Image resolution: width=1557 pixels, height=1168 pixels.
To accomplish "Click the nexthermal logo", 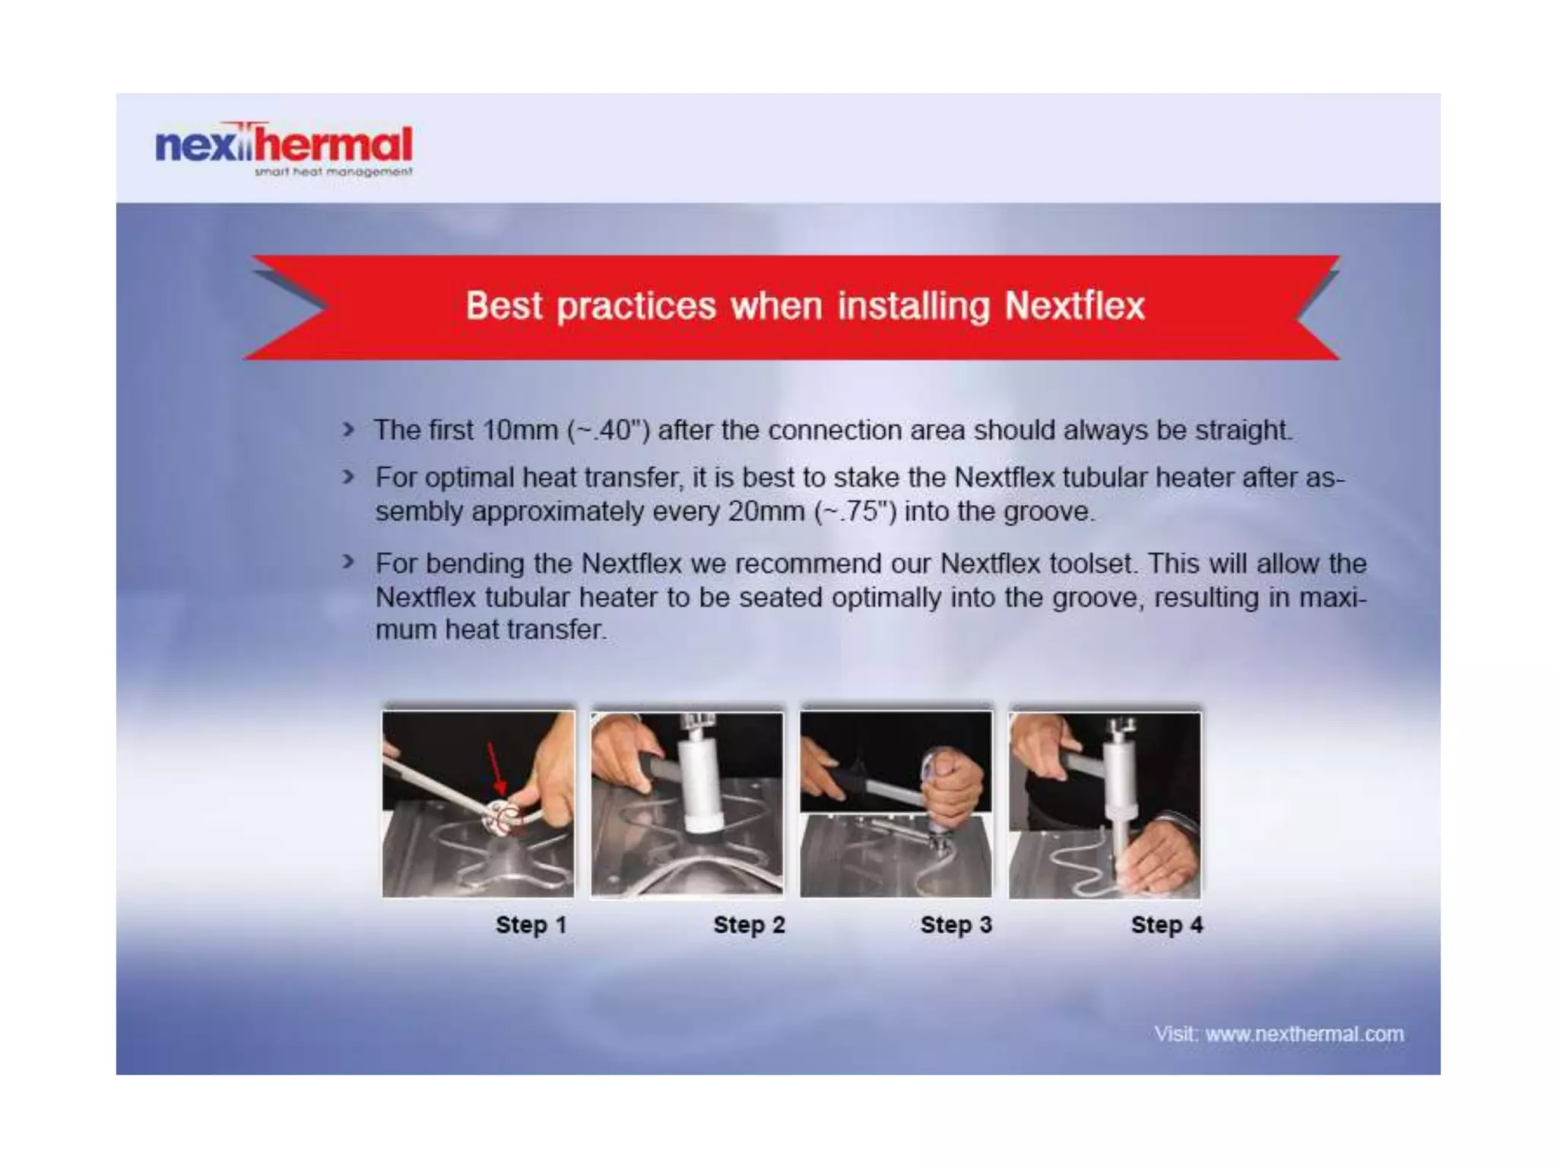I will click(x=283, y=144).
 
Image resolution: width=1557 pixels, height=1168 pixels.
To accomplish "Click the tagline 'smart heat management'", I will click(x=333, y=172).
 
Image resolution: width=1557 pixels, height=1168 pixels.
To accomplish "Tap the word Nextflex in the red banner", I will click(x=1073, y=306).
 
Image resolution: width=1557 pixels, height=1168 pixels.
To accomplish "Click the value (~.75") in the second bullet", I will click(x=855, y=511).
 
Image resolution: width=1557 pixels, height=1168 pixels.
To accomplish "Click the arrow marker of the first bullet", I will click(x=348, y=430).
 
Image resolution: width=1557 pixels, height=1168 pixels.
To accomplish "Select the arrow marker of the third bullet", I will click(x=348, y=563).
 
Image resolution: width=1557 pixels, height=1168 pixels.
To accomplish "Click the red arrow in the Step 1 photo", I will click(x=495, y=768).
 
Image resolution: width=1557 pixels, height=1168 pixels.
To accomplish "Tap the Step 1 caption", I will click(x=531, y=925).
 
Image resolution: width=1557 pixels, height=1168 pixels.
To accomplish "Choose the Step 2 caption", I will click(x=748, y=925).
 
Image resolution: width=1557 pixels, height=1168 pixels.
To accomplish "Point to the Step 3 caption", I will click(x=956, y=925).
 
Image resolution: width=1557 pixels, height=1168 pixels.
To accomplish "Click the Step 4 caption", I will click(x=1166, y=925).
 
